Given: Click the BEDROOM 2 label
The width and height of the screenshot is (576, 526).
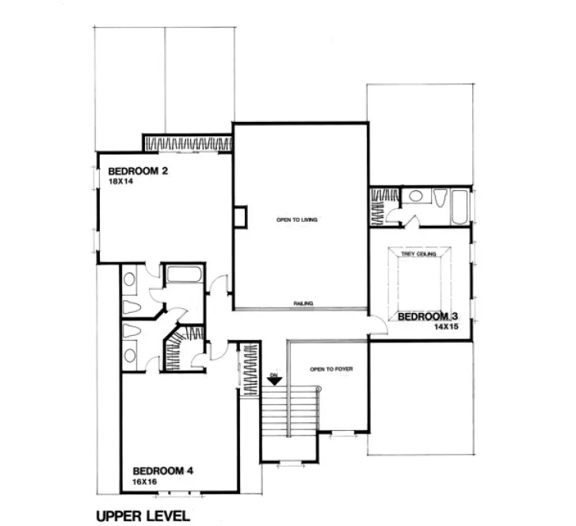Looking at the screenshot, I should (x=139, y=170).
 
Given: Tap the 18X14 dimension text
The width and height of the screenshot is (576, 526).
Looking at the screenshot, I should (x=120, y=182).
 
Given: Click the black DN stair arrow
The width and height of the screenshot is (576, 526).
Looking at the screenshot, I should (x=273, y=380).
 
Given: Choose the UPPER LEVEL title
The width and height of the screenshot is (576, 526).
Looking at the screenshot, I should (x=143, y=516).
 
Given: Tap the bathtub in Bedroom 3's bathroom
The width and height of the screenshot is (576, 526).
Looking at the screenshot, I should (x=459, y=205).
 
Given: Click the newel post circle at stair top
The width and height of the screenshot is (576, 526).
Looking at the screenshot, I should (x=318, y=389).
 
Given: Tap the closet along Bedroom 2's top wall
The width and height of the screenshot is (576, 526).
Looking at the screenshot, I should (x=187, y=143).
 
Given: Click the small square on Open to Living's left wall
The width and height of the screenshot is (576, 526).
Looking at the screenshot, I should (x=239, y=217).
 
